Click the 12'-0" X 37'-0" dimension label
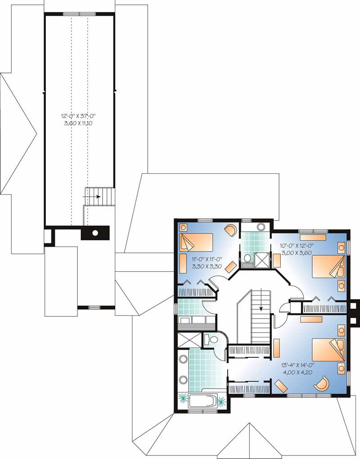79,116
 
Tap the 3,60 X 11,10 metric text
79,122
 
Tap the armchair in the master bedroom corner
322,384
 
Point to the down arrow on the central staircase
261,309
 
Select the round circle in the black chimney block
95,233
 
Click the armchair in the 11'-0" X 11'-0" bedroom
230,230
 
